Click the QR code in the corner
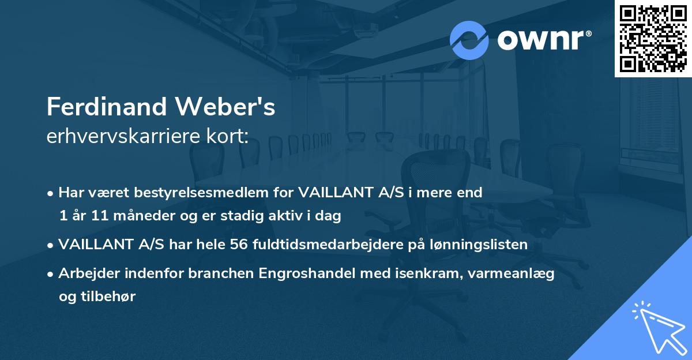tap(653, 38)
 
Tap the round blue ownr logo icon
tap(469, 40)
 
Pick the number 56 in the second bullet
tap(239, 245)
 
